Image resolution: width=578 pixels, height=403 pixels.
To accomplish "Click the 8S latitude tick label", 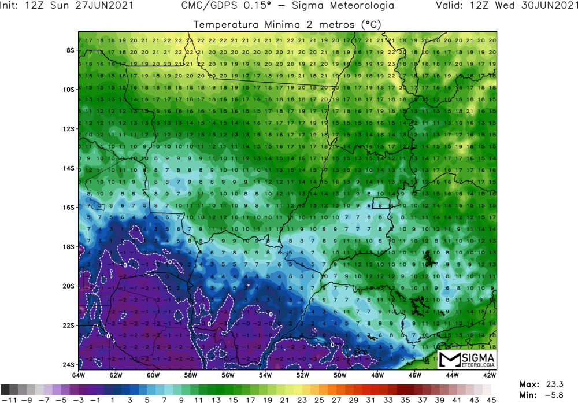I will (x=71, y=50).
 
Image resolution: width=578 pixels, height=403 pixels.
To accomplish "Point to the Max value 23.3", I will (x=561, y=384).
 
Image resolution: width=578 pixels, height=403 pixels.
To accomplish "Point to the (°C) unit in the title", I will (x=373, y=25).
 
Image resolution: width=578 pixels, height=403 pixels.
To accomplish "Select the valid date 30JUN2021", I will (x=547, y=6).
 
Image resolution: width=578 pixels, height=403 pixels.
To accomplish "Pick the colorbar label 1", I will (x=112, y=398).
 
